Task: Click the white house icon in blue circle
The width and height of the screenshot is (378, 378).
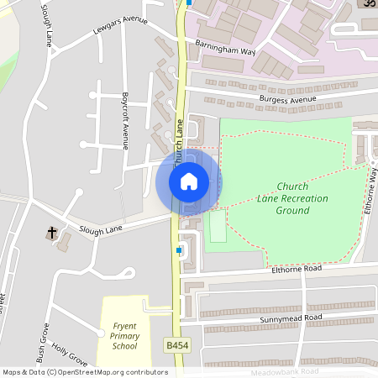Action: [189, 181]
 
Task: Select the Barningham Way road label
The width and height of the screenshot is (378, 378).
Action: [224, 50]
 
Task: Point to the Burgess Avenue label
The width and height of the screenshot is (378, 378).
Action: [287, 100]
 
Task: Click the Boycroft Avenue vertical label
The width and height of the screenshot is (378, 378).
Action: [124, 121]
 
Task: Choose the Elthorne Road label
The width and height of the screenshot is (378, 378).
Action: [297, 269]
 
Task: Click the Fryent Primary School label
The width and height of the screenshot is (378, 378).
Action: [124, 335]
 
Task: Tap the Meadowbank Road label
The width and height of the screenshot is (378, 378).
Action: [285, 371]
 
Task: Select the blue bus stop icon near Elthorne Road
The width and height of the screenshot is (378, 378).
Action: [179, 249]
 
